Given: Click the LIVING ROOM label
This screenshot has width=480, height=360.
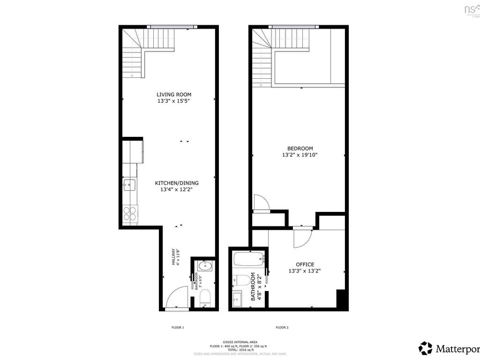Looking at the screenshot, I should pyautogui.click(x=174, y=95).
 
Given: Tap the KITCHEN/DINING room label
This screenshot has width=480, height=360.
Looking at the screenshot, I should pyautogui.click(x=177, y=183).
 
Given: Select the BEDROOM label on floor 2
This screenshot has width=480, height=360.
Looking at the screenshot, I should pyautogui.click(x=300, y=149).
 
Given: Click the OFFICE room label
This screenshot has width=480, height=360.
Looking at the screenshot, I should pyautogui.click(x=305, y=264).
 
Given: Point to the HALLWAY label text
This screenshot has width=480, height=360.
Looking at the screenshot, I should pyautogui.click(x=173, y=256).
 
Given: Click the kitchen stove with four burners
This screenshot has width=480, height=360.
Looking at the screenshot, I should pyautogui.click(x=130, y=214).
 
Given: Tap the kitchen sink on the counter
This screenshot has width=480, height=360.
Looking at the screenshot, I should pyautogui.click(x=129, y=185).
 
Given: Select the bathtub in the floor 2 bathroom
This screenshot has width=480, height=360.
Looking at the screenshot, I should pyautogui.click(x=248, y=258).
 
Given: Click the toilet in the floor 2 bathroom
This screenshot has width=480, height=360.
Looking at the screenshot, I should pyautogui.click(x=242, y=281).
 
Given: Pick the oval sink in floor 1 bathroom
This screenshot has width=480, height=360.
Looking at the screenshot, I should pyautogui.click(x=205, y=266).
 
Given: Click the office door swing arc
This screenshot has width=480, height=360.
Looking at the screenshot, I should pyautogui.click(x=302, y=238).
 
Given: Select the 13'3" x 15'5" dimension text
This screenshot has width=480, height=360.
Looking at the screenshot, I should pyautogui.click(x=174, y=101).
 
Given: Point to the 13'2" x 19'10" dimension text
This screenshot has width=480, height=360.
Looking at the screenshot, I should pyautogui.click(x=300, y=155).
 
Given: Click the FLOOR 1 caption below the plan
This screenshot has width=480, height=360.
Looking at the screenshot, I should pyautogui.click(x=178, y=327).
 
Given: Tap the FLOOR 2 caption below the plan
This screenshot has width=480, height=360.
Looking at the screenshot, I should pyautogui.click(x=282, y=327).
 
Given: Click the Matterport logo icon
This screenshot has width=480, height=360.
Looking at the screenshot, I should pyautogui.click(x=426, y=348).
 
